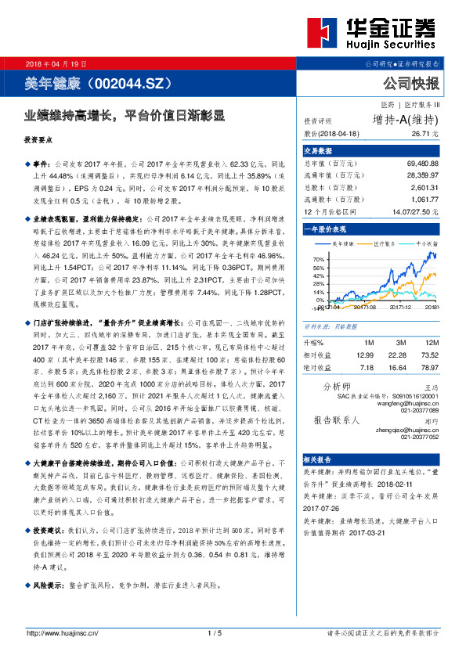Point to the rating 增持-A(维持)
406,120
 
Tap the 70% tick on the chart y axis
318,258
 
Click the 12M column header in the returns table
429,343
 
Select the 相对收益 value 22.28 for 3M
399,355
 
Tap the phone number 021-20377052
419,437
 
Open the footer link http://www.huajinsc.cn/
63,633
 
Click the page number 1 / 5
215,633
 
